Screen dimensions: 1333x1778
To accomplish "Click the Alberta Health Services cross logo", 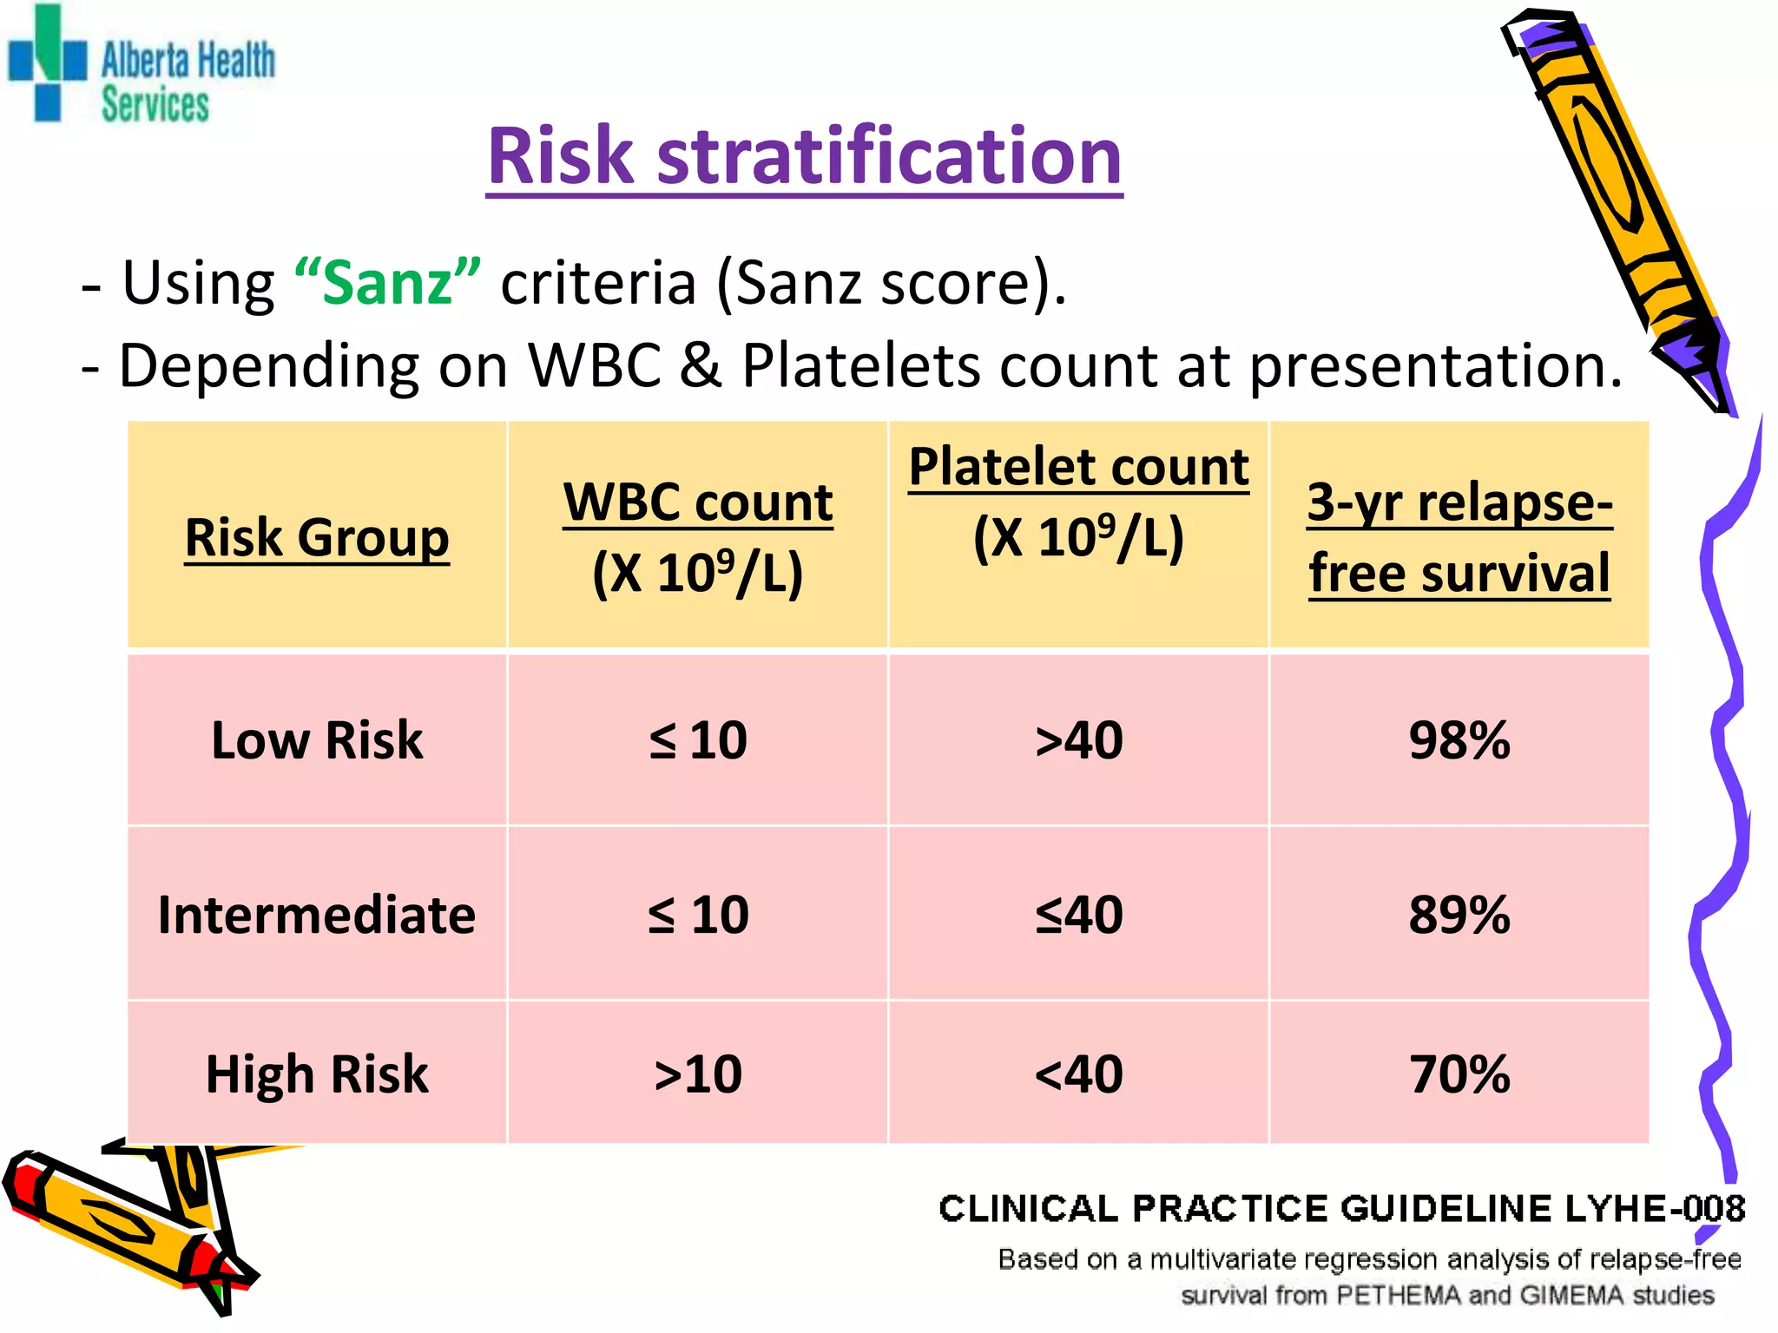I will tap(48, 62).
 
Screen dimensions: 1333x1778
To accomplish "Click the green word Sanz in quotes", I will tap(387, 282).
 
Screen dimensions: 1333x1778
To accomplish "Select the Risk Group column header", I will tap(317, 537).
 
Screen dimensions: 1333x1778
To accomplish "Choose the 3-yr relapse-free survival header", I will tap(1459, 537).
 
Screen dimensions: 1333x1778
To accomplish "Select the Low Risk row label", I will tap(317, 740).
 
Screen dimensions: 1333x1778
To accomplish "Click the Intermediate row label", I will tap(317, 915).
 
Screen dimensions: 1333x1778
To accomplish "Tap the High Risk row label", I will tap(317, 1074).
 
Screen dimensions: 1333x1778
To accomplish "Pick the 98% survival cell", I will tap(1459, 740).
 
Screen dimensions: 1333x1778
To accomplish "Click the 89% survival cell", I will tap(1459, 915).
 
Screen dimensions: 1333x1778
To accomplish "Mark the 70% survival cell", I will tap(1459, 1074).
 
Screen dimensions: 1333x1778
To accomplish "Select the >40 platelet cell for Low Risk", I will tap(1078, 740).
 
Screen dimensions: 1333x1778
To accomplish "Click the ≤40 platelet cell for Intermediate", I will tap(1078, 915).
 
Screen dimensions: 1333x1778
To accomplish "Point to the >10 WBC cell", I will tap(698, 1074).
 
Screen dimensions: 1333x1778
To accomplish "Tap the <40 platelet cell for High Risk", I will tap(1078, 1074).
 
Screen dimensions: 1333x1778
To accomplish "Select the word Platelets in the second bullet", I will tap(863, 365).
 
